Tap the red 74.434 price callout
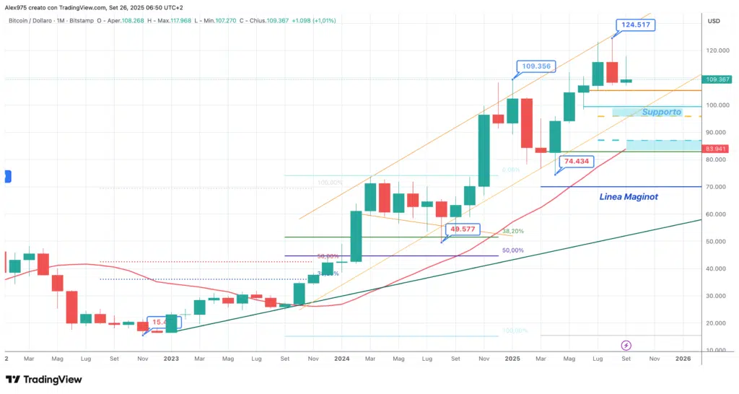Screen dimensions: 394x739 tap(579, 162)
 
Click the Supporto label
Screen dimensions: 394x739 tap(661, 112)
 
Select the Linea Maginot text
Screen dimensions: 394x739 tap(629, 196)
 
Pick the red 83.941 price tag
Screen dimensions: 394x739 tap(719, 149)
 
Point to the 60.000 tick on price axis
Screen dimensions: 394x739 tap(715, 214)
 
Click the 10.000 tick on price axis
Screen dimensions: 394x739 tap(715, 351)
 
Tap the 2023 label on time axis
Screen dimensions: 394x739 tap(171, 358)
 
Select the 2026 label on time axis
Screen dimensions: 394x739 tap(682, 358)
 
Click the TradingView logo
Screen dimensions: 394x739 tap(44, 380)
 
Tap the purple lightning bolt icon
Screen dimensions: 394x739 tap(626, 346)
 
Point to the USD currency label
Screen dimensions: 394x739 tap(714, 20)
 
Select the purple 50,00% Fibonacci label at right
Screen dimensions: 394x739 tap(512, 250)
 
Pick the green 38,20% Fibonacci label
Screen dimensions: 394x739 tap(512, 232)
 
